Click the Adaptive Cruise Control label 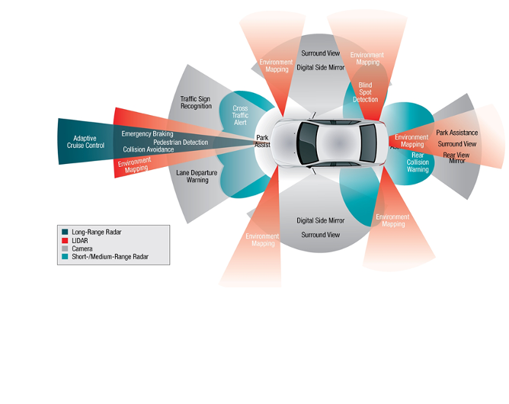coord(85,142)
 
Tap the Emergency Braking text coord(147,134)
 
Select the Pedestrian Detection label coord(180,143)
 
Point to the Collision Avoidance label coord(148,149)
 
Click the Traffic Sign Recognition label coord(196,102)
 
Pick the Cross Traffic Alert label coord(240,116)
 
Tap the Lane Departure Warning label coord(197,177)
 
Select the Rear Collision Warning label coord(418,162)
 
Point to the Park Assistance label coord(456,133)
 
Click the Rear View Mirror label coord(456,158)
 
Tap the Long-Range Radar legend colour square coord(66,232)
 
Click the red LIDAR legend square coord(66,240)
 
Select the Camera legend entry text coord(82,248)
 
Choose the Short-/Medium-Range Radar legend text coord(110,257)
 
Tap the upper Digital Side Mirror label coord(321,68)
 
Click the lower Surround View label coord(320,235)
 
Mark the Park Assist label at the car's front coord(262,141)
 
